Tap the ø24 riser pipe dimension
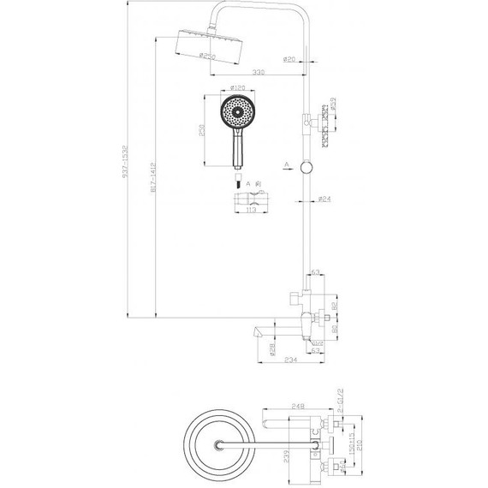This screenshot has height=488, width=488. pos(324,200)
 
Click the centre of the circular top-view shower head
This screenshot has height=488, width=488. pos(222,443)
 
